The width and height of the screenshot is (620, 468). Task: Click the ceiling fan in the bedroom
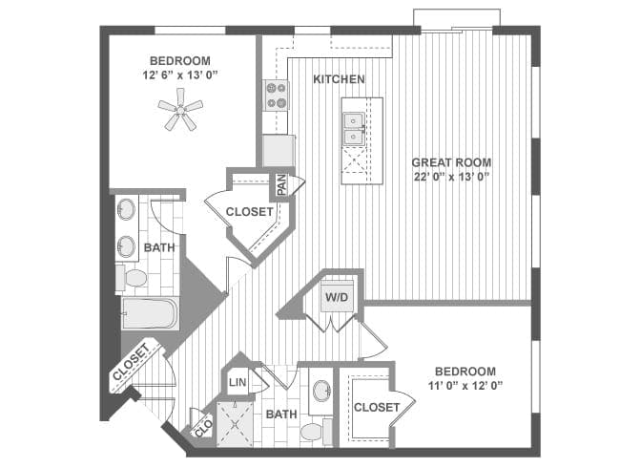coord(180,110)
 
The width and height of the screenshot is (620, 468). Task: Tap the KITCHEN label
coord(339,79)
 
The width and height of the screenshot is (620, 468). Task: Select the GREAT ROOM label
coord(451,162)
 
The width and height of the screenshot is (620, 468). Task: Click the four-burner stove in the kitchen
coord(277,95)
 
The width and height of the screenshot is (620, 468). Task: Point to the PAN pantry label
coord(282,185)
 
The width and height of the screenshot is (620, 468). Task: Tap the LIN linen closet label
coord(238,382)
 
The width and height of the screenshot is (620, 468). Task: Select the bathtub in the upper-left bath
coord(151,313)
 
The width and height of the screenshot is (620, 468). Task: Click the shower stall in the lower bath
coord(235,424)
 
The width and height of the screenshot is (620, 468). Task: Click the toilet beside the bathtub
coord(132,278)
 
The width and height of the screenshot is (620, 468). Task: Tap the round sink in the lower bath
coord(322,391)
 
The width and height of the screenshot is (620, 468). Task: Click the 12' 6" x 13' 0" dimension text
coord(180,74)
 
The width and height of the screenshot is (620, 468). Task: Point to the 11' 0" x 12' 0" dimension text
coord(465,385)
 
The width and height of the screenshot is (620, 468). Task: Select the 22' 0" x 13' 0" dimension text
coord(451,176)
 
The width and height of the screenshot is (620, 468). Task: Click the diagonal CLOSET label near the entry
coord(132,362)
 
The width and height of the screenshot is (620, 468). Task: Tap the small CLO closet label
coord(204,429)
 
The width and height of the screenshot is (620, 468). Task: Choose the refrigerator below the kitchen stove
coord(279,151)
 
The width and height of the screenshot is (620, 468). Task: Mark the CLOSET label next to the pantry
coord(249,212)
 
